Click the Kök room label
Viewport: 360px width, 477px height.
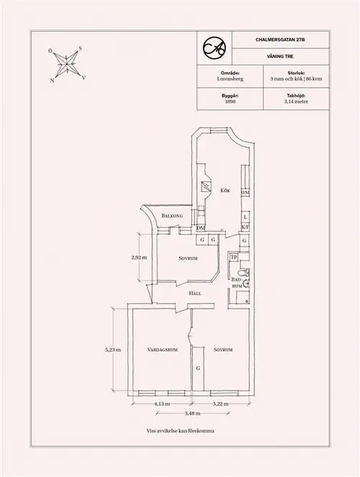click(225, 191)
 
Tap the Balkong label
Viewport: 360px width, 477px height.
click(172, 216)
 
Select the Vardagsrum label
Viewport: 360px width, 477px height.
click(162, 350)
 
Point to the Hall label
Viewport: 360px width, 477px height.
click(195, 294)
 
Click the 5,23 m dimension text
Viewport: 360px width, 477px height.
click(113, 350)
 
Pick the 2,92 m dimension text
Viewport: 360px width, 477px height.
click(139, 258)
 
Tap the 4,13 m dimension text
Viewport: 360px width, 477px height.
click(162, 404)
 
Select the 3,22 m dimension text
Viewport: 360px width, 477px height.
click(220, 404)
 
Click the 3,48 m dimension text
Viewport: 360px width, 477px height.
click(192, 413)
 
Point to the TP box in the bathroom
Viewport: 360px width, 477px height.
click(234, 258)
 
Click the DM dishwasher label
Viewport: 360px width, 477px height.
click(201, 228)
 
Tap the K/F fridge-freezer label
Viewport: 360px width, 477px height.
click(246, 227)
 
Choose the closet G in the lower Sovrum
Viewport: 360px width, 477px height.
click(198, 368)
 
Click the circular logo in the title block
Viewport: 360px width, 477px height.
click(215, 47)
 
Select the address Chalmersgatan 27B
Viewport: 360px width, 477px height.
click(280, 40)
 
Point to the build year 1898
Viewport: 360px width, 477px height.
click(230, 101)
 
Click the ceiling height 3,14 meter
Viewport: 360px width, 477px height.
click(296, 101)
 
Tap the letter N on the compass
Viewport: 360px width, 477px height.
click(53, 81)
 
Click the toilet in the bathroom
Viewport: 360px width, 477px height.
click(244, 272)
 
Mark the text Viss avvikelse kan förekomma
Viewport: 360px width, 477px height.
click(181, 431)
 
